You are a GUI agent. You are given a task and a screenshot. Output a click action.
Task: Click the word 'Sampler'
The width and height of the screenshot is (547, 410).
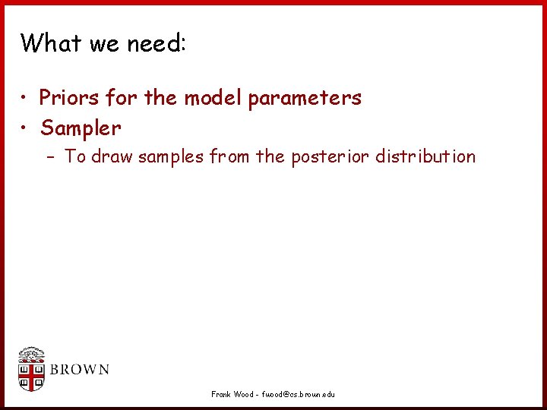click(81, 128)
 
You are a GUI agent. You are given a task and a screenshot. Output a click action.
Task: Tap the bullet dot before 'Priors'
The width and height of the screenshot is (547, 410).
click(25, 99)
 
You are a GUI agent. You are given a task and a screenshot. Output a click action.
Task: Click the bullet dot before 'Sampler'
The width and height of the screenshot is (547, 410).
click(25, 128)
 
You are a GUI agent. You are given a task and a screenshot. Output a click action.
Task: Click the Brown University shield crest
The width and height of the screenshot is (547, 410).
click(32, 370)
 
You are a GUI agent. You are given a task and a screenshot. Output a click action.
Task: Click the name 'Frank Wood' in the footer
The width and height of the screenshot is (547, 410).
click(232, 394)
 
